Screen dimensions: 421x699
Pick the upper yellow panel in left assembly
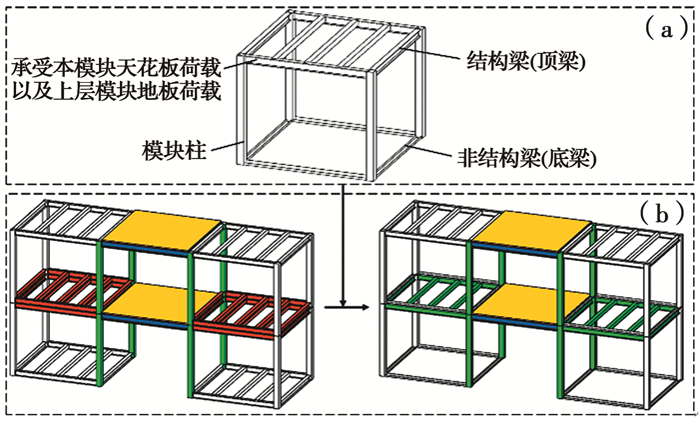pyautogui.click(x=162, y=231)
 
